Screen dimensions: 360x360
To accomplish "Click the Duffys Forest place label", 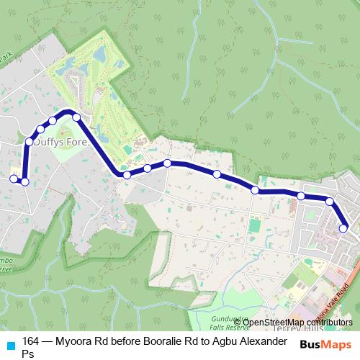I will tap(58, 143).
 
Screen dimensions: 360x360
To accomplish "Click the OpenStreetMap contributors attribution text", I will tap(293, 322).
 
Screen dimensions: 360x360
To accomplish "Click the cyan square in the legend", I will tap(10, 345).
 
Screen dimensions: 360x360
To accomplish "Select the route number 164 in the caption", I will tap(31, 341).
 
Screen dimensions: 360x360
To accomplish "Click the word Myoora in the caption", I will tap(80, 341).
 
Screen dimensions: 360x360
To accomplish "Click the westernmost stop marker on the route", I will tap(13, 179).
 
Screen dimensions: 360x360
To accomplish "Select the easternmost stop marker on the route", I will tap(343, 228).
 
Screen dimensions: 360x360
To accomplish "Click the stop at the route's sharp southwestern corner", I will tap(24, 181).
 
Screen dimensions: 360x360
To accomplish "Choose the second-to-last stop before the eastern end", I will tap(329, 202).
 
